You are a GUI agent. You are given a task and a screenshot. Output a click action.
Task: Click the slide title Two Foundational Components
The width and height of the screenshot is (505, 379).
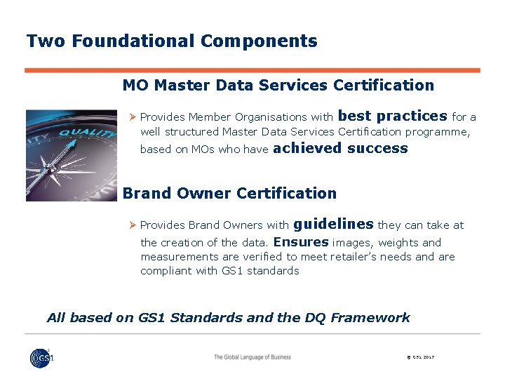click(172, 41)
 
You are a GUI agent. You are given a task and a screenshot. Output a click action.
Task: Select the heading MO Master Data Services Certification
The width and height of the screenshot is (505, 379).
click(278, 86)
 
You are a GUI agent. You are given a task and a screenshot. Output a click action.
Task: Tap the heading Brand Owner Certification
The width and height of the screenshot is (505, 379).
click(229, 193)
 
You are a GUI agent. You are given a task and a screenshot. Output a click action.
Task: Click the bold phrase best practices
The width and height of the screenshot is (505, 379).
click(392, 116)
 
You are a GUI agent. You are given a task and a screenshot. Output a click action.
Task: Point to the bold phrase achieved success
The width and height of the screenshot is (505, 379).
click(339, 148)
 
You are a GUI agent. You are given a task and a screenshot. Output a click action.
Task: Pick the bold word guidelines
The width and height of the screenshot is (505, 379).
click(332, 224)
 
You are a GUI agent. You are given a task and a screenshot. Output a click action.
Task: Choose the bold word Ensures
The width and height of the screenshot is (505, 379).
click(301, 242)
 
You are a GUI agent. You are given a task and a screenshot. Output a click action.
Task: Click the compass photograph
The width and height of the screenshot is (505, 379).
click(72, 155)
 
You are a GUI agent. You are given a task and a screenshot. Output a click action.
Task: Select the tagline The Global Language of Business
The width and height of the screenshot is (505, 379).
click(252, 357)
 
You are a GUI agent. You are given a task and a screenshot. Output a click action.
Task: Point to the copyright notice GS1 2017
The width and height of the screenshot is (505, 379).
click(420, 358)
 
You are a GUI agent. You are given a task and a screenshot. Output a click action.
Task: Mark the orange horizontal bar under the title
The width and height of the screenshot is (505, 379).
click(252, 70)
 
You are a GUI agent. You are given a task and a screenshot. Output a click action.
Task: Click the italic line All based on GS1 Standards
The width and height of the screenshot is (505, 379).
click(228, 317)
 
